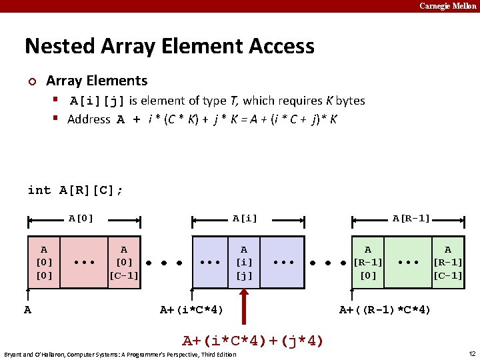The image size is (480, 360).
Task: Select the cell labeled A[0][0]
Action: (43, 262)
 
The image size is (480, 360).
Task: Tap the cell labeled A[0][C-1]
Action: (124, 262)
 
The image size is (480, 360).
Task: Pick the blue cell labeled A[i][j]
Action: (243, 262)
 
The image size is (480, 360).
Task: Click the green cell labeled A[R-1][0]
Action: (368, 262)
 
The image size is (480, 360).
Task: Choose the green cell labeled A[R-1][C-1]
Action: (448, 262)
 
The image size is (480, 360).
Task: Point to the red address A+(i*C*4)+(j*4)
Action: (253, 341)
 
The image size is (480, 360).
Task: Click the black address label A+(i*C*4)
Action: (192, 309)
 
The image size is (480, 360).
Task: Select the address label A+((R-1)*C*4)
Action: (385, 309)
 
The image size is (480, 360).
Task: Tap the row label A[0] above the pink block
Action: (81, 218)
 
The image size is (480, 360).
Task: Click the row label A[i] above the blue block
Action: (245, 218)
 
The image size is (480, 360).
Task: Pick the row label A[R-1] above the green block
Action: (411, 218)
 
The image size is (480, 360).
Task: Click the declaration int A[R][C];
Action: (75, 190)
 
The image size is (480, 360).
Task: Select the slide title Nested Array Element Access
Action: (169, 46)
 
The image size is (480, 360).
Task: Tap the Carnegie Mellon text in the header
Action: (447, 6)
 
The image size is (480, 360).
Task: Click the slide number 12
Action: (471, 353)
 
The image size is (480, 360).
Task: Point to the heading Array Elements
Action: (97, 81)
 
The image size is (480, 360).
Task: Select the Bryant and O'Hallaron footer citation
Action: (120, 354)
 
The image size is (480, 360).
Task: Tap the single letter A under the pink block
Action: (27, 309)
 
